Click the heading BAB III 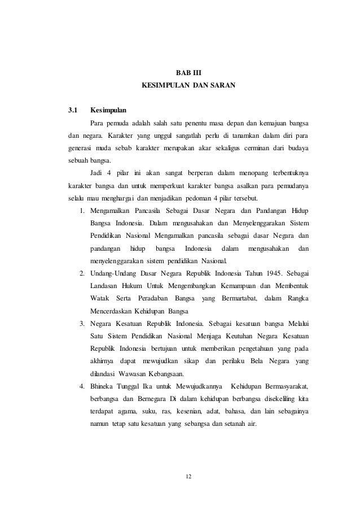(188, 73)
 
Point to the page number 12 (188, 477)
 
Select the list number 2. (81, 274)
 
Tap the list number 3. (81, 324)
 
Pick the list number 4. (81, 386)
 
